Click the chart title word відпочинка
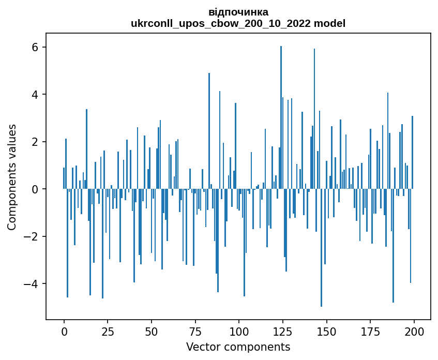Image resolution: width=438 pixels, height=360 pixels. pyautogui.click(x=238, y=12)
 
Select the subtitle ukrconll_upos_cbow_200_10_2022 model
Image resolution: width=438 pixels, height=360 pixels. pyautogui.click(x=238, y=23)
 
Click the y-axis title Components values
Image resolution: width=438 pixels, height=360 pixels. pyautogui.click(x=12, y=177)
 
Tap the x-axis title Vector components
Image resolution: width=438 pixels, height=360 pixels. pyautogui.click(x=238, y=347)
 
